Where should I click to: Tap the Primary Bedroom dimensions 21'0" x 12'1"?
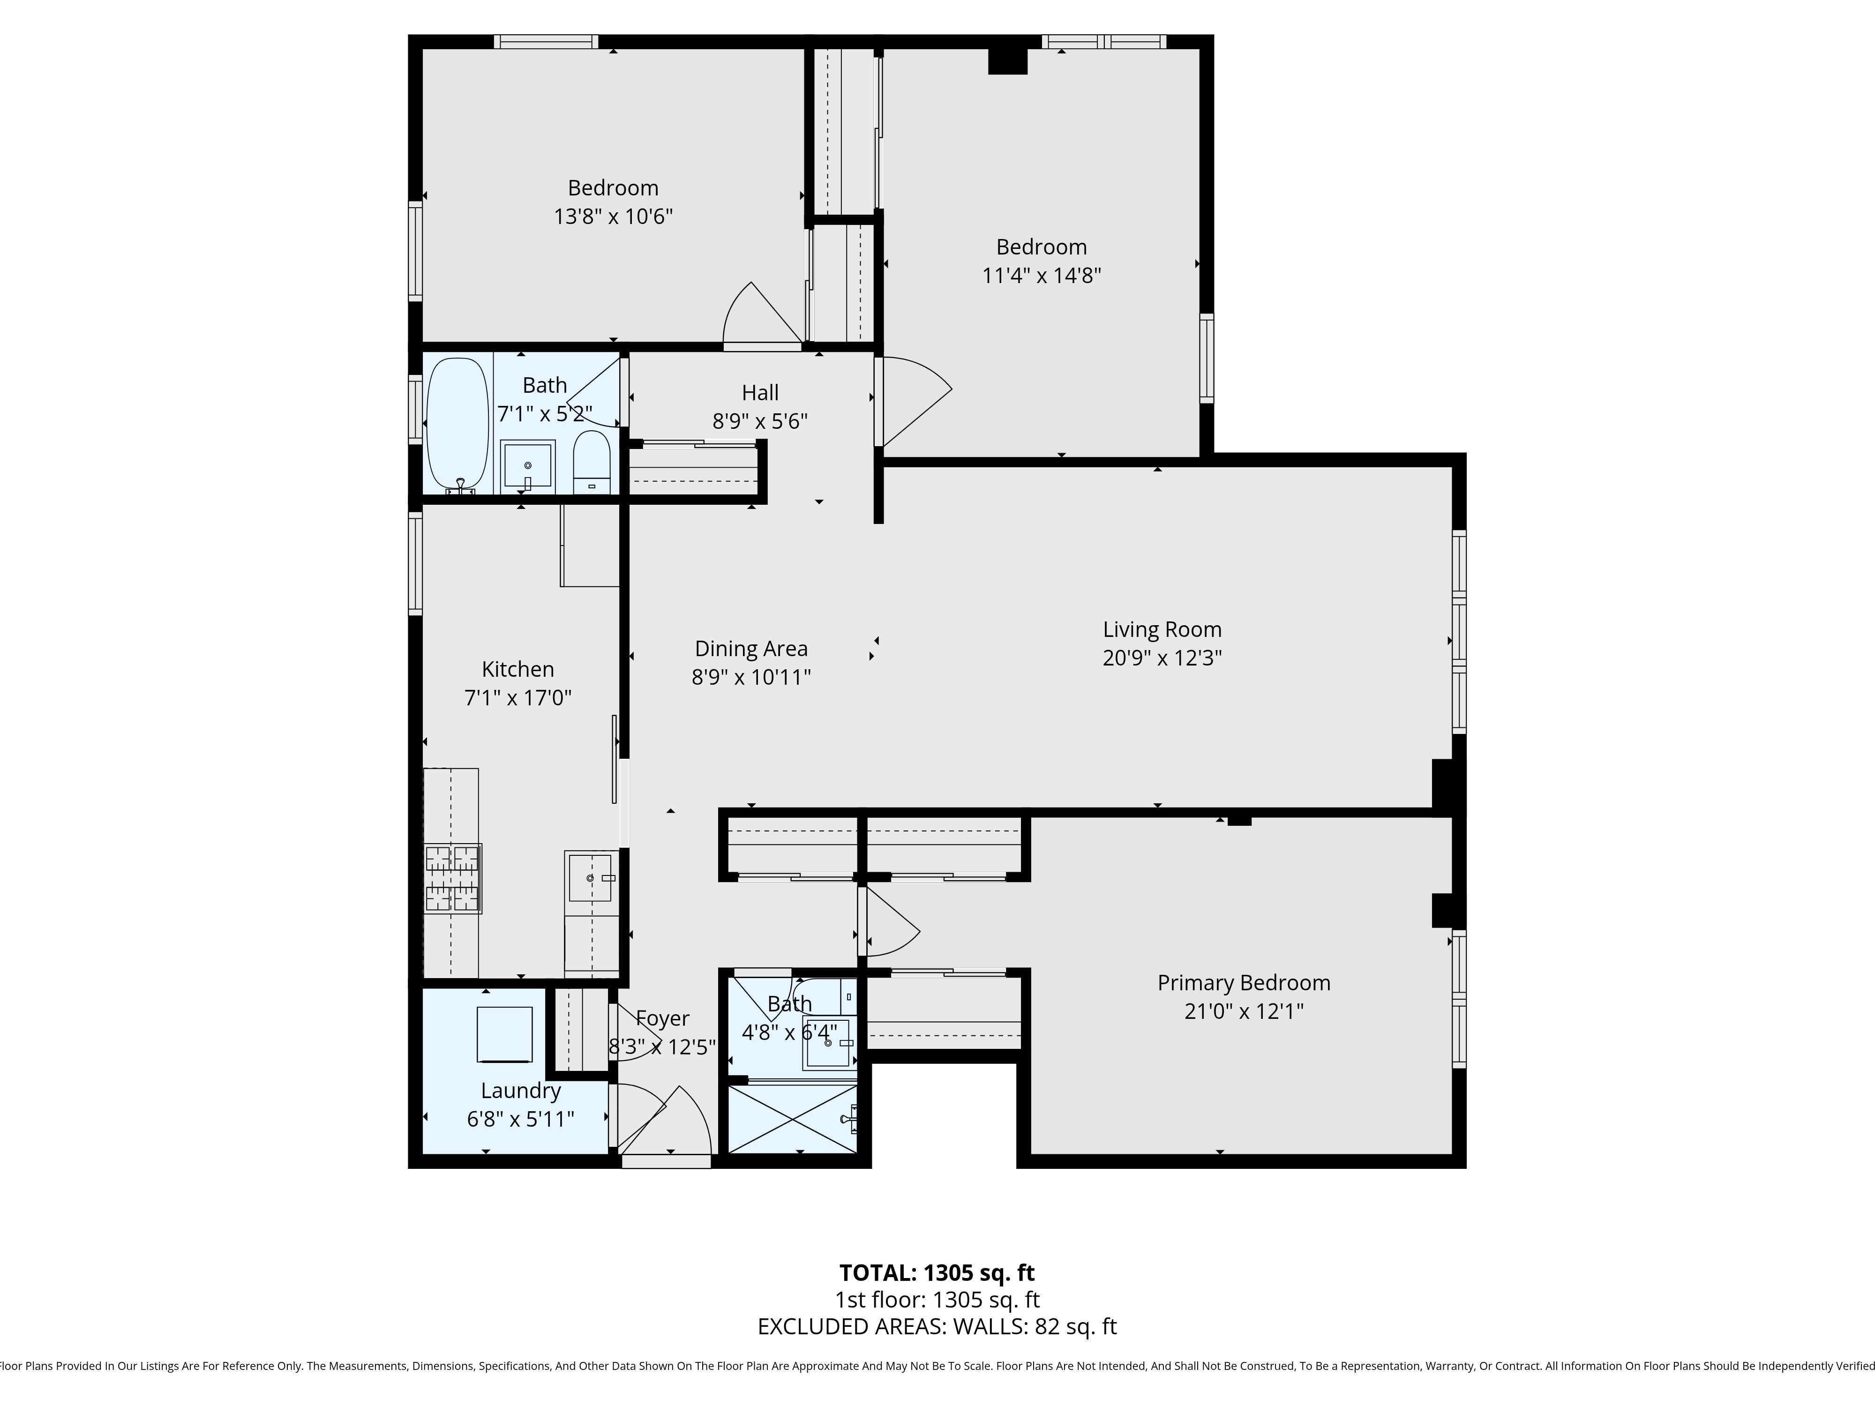click(x=1244, y=1011)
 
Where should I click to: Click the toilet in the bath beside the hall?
click(x=591, y=462)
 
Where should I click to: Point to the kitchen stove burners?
click(x=453, y=878)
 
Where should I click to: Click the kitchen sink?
click(x=590, y=877)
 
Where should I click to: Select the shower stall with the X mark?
click(x=793, y=1119)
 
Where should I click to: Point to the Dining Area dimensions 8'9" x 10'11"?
click(x=751, y=677)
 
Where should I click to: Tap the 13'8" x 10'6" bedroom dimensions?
click(x=613, y=216)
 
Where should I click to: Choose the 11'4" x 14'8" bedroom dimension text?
click(x=1041, y=276)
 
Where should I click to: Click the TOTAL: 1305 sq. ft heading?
click(x=937, y=1273)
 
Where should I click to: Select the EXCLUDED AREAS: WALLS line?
click(x=937, y=1326)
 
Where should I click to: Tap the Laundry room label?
click(x=520, y=1091)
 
